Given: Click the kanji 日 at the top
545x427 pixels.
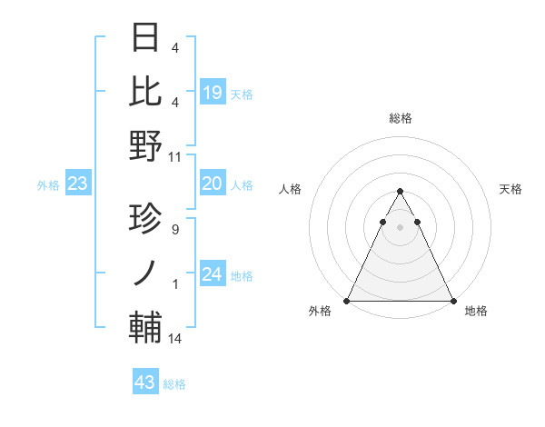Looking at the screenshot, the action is (x=146, y=37).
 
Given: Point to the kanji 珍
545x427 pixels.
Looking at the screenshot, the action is (x=146, y=219).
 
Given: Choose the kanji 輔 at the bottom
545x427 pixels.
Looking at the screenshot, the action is (x=146, y=328).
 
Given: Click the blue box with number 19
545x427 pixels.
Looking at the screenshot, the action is (x=212, y=92).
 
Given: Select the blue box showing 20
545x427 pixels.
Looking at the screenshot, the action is (x=212, y=184).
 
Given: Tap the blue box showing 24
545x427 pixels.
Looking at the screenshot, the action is (x=212, y=274).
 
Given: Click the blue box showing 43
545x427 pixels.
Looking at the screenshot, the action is (x=144, y=382).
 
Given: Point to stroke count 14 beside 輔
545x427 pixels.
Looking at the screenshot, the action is (x=175, y=339).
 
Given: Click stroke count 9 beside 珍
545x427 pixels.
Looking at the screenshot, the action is (x=174, y=230).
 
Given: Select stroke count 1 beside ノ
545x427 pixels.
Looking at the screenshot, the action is (x=175, y=284).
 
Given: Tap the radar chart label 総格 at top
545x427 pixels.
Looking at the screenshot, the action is (x=400, y=118).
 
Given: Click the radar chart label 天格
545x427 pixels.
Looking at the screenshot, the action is (x=511, y=189).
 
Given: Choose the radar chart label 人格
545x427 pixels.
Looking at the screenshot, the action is (x=291, y=189).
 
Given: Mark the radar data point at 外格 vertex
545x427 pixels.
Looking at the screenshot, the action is (x=347, y=301).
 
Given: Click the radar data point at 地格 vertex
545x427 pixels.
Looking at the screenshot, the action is (x=452, y=301).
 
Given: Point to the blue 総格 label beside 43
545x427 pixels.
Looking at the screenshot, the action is (x=174, y=384).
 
